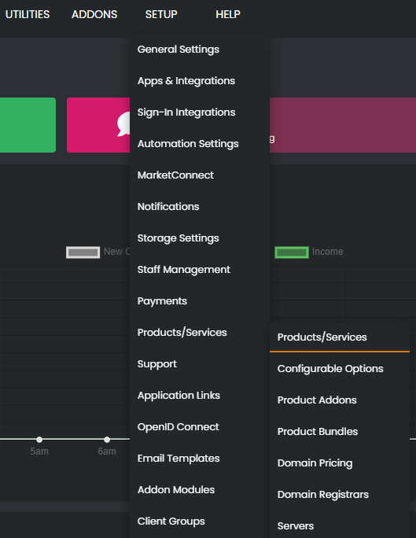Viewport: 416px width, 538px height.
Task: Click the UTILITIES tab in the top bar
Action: (28, 14)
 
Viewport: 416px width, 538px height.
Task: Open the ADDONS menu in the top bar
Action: (94, 14)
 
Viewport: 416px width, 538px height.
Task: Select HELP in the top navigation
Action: (228, 14)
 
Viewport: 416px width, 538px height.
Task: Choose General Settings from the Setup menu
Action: (179, 50)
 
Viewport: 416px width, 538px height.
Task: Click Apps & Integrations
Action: (186, 81)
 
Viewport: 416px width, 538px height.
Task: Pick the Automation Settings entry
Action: (188, 144)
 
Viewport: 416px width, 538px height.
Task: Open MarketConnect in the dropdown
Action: (175, 175)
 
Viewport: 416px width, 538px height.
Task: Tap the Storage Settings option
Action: (178, 238)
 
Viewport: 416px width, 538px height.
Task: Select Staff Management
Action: (183, 270)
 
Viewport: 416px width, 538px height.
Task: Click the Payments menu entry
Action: (162, 301)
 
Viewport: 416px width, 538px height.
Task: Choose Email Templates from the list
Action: (179, 459)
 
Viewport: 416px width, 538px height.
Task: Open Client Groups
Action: (171, 521)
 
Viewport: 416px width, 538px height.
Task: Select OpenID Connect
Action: (178, 427)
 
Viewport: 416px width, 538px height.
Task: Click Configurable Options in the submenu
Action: (330, 369)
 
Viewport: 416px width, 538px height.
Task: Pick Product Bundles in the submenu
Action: (318, 432)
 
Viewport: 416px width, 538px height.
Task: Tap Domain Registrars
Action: (323, 495)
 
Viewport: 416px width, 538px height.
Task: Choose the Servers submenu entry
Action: (296, 526)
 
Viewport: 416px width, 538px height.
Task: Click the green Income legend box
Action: (291, 252)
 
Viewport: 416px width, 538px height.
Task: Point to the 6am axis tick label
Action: (107, 451)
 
